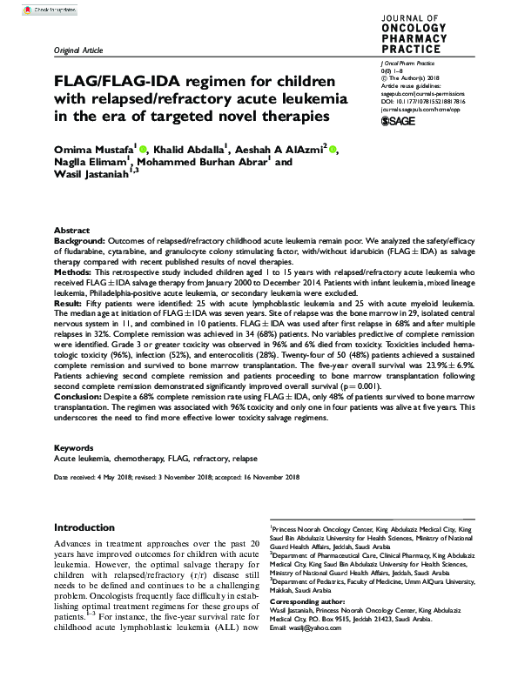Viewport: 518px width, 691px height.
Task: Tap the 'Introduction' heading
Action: tap(84, 527)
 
